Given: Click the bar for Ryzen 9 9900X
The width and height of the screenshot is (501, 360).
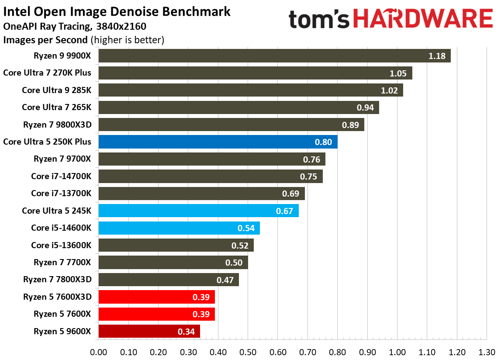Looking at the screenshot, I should click(x=274, y=55).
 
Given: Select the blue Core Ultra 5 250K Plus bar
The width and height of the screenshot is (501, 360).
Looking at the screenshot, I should click(x=218, y=142).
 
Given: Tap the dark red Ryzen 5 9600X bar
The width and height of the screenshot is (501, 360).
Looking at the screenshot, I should click(x=149, y=331).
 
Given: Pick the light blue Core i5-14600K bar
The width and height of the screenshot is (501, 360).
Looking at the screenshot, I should click(x=179, y=228).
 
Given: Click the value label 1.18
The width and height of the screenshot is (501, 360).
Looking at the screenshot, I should click(x=436, y=56).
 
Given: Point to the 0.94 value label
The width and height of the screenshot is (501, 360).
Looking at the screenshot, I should click(x=366, y=107).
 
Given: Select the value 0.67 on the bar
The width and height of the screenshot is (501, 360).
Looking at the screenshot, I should click(x=285, y=211).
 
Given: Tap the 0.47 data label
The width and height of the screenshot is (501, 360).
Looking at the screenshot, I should click(x=225, y=280).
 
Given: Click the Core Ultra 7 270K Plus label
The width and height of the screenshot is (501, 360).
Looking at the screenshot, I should click(x=47, y=73).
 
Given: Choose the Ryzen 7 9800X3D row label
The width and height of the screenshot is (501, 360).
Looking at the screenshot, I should click(x=57, y=125).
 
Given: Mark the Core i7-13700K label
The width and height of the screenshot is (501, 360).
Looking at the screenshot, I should click(x=61, y=193).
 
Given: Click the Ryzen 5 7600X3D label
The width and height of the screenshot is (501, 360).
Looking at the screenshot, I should click(x=57, y=297).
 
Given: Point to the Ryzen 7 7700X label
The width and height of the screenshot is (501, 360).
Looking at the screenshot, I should click(x=62, y=262).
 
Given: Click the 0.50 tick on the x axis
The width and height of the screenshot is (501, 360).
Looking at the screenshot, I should click(x=248, y=351).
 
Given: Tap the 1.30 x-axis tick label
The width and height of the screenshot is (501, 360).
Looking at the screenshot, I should click(x=486, y=351).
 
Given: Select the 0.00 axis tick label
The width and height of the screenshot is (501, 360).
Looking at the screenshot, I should click(x=99, y=351).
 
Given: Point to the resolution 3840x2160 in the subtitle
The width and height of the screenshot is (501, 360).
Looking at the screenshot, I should click(x=121, y=27).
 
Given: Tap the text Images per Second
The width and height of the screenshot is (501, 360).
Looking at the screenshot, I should click(x=45, y=40).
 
